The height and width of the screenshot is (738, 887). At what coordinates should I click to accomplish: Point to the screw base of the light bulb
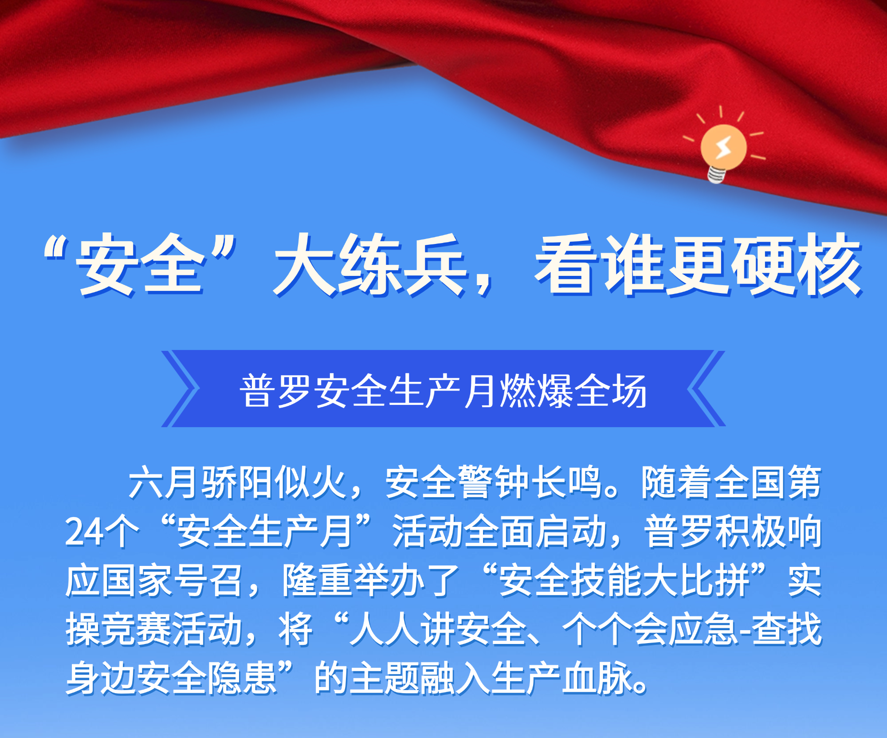click(717, 175)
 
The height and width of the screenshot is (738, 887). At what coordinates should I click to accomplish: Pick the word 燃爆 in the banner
click(537, 391)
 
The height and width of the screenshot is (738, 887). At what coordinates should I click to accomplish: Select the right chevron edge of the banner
click(706, 389)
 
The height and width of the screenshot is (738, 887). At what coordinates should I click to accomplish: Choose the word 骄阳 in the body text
click(237, 482)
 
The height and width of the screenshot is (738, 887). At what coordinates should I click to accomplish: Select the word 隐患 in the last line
click(242, 678)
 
